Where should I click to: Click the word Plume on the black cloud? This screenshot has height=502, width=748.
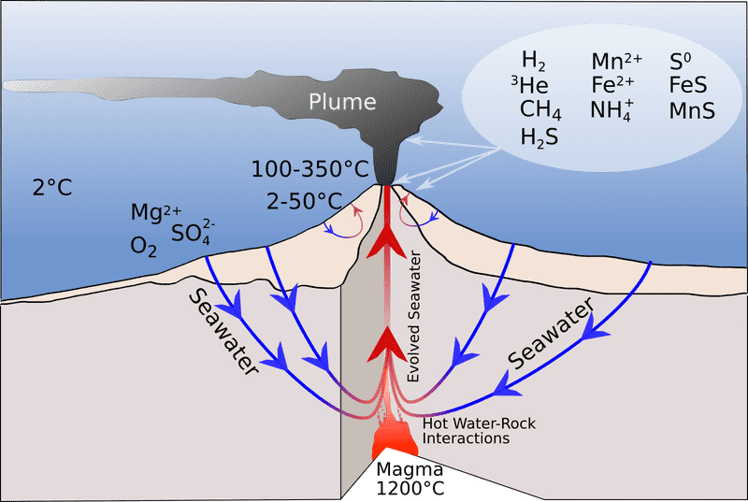point(342,102)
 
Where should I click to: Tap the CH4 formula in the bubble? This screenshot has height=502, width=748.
point(540,110)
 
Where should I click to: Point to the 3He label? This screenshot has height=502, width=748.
point(528,86)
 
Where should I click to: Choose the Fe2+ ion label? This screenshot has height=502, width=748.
point(613,86)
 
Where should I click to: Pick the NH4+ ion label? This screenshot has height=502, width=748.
point(611,110)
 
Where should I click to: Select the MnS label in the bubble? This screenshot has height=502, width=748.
point(691,110)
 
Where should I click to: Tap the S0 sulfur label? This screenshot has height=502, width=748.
point(681,63)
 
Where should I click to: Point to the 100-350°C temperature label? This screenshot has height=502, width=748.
point(310,169)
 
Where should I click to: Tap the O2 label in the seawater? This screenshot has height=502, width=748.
point(144,247)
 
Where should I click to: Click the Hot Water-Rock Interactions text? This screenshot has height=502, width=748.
point(479,430)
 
